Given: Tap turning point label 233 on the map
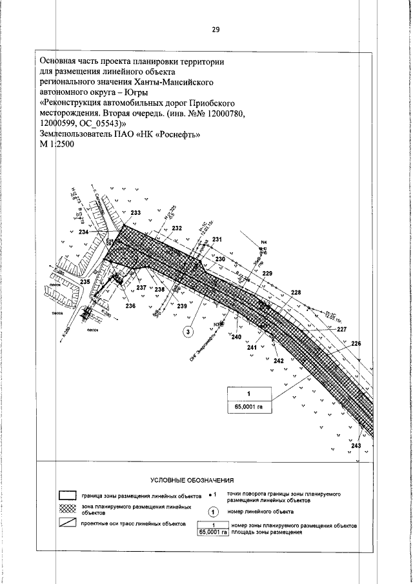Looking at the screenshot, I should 136,213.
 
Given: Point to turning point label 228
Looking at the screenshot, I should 296,293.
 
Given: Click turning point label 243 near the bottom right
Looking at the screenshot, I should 356,446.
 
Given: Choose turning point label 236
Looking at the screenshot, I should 130,306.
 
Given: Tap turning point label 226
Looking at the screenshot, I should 356,343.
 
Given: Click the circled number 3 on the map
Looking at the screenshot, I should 188,332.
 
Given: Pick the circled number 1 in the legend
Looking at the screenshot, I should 215,512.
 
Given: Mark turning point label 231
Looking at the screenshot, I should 217,240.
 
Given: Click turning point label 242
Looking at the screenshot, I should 279,360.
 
